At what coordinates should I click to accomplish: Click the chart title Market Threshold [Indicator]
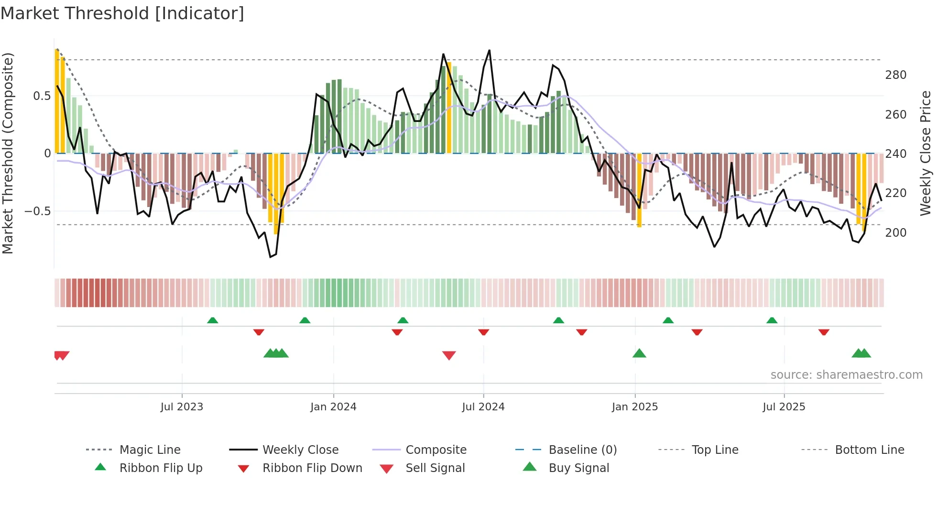[x=122, y=13]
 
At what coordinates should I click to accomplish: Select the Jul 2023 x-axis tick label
[x=182, y=407]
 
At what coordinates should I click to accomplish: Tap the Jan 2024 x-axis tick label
[x=333, y=407]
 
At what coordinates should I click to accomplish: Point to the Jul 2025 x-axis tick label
[x=784, y=407]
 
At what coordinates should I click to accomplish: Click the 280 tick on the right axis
[x=895, y=75]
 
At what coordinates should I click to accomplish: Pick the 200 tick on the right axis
[x=895, y=233]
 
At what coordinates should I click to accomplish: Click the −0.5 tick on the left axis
[x=37, y=211]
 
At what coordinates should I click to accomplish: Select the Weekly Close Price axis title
[x=926, y=153]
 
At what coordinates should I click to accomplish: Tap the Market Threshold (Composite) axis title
[x=8, y=153]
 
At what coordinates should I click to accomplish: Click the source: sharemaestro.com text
[x=846, y=375]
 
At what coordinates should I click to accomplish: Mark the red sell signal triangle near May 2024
[x=449, y=355]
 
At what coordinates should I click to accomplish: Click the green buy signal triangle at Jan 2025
[x=639, y=354]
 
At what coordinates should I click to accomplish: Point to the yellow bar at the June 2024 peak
[x=449, y=108]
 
